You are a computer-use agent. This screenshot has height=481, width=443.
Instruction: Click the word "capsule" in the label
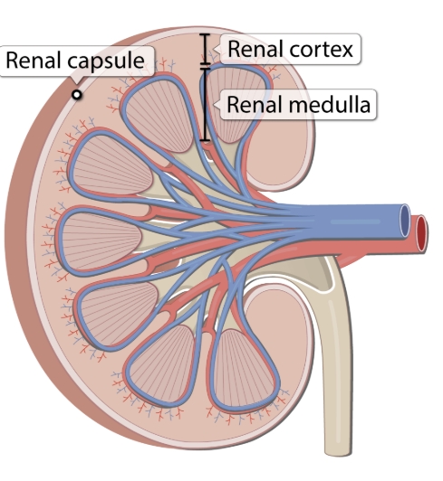(106, 61)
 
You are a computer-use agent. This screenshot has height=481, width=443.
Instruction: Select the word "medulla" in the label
(330, 104)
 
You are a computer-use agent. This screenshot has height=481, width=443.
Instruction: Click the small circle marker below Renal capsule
(77, 95)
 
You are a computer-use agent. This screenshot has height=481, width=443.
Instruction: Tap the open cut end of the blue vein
(405, 221)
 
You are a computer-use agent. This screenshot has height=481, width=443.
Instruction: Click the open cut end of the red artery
(421, 234)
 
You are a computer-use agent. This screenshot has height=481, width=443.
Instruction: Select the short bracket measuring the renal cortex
(206, 49)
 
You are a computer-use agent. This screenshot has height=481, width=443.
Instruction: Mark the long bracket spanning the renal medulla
(206, 104)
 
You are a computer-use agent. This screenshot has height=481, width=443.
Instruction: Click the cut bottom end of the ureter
(338, 454)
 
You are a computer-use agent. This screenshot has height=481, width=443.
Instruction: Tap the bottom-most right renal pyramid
(243, 368)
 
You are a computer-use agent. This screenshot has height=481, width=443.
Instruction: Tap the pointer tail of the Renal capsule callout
(77, 80)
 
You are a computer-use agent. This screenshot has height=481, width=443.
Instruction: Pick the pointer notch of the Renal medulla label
(217, 105)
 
